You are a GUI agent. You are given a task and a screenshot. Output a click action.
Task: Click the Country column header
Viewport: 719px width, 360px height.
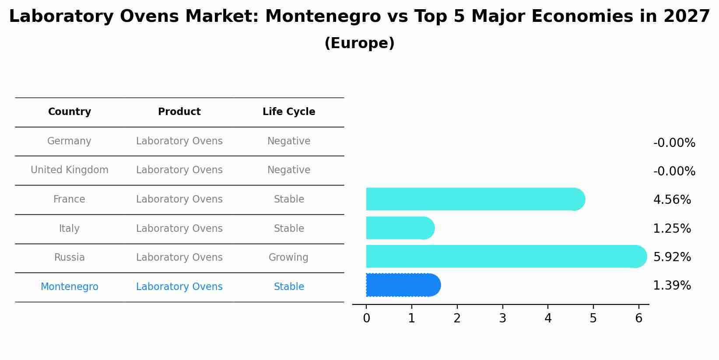coord(70,112)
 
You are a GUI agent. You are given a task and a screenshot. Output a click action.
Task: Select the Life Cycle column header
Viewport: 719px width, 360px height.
coord(289,112)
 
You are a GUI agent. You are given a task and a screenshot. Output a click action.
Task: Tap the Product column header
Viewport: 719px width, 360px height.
coord(179,112)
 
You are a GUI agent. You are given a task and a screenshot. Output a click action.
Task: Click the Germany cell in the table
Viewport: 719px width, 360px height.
coord(69,141)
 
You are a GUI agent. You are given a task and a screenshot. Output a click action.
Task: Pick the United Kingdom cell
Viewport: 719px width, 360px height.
coord(70,170)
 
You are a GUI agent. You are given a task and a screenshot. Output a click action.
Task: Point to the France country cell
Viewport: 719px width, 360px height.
coord(69,199)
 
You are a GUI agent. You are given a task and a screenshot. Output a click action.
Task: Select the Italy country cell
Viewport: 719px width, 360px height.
coord(69,229)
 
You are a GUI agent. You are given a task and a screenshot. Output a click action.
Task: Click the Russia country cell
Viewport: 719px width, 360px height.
coord(69,258)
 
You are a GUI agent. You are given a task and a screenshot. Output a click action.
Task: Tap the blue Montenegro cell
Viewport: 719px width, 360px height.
coord(69,287)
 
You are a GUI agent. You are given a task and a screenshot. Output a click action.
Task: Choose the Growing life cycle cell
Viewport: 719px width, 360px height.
coord(288,258)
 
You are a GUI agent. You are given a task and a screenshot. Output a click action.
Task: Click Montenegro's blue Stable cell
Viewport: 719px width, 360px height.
coord(289,287)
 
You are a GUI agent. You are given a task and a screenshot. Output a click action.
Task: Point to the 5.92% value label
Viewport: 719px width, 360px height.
coord(672,257)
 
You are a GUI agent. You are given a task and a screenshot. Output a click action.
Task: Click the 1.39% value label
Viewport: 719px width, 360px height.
coord(672,286)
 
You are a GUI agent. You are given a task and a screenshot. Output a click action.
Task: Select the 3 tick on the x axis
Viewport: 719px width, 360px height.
coord(502,318)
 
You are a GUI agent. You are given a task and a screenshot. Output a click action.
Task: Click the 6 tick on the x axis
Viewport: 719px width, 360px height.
coord(638,318)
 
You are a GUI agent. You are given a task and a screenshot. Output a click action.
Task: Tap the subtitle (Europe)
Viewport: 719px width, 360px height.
coord(359,43)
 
